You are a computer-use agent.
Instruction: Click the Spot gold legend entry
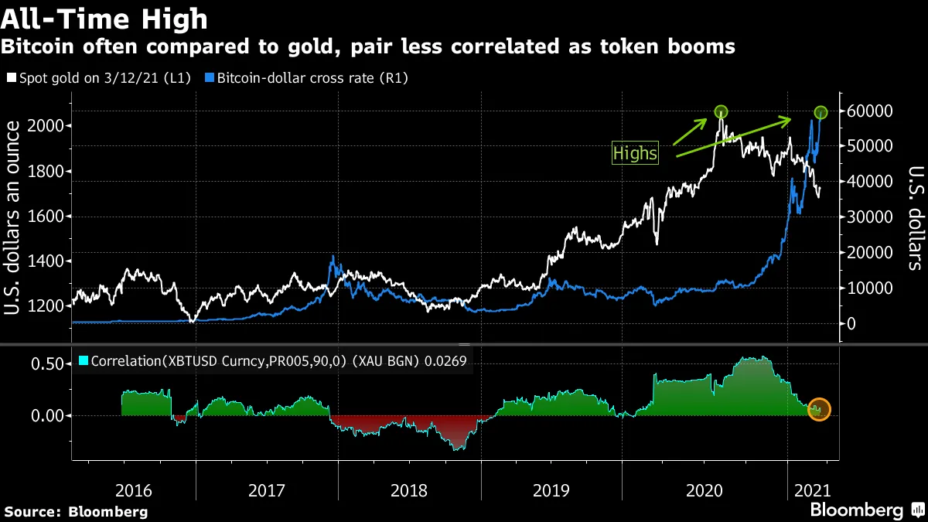coord(101,78)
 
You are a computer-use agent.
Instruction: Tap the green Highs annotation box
coord(635,153)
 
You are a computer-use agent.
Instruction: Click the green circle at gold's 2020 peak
coord(721,112)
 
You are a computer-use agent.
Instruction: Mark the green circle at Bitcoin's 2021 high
coord(821,113)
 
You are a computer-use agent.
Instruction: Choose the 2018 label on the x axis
coord(409,490)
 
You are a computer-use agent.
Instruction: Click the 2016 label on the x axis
coord(133,490)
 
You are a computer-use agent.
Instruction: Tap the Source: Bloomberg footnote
coord(76,511)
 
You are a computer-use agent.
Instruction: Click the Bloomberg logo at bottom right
coord(866,510)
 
